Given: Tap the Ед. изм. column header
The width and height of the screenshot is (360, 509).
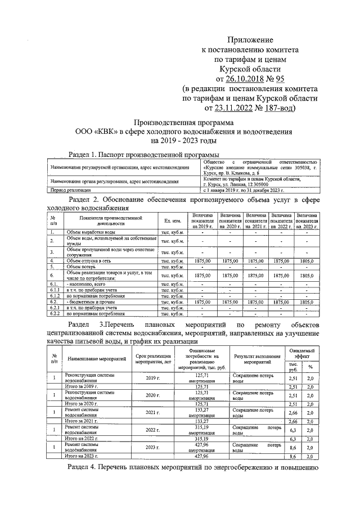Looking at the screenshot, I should (x=172, y=221).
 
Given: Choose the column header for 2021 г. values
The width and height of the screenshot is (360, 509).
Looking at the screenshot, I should (x=256, y=220).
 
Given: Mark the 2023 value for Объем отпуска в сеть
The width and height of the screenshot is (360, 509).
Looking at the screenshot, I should (x=307, y=261).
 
